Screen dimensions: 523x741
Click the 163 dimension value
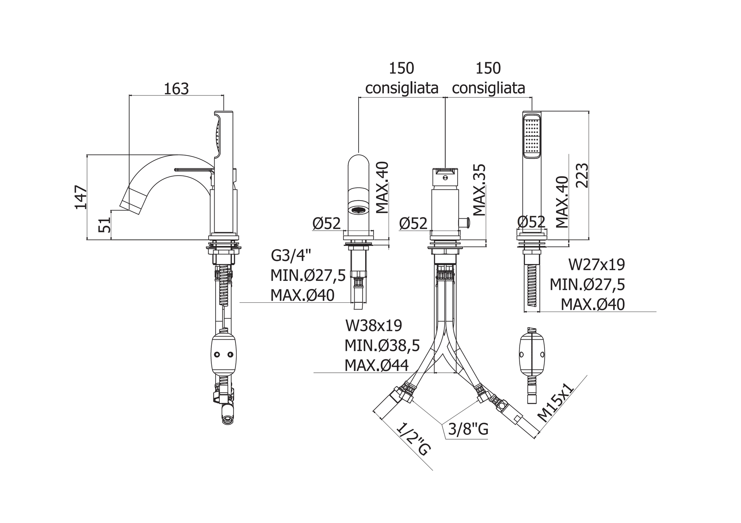pyautogui.click(x=176, y=89)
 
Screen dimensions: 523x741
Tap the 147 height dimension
pyautogui.click(x=81, y=197)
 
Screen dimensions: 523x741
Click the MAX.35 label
pyautogui.click(x=479, y=190)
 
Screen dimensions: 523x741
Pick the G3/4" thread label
pyautogui.click(x=291, y=255)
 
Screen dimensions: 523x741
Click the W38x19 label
pyautogui.click(x=373, y=326)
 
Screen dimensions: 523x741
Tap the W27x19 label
pyautogui.click(x=597, y=265)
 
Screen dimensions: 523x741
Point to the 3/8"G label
pyautogui.click(x=468, y=429)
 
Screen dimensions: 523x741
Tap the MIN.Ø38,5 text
pyautogui.click(x=382, y=346)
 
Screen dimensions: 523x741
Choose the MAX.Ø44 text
pyautogui.click(x=376, y=366)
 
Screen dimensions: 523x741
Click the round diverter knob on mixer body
pyautogui.click(x=465, y=223)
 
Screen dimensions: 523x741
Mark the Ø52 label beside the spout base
pyautogui.click(x=326, y=223)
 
